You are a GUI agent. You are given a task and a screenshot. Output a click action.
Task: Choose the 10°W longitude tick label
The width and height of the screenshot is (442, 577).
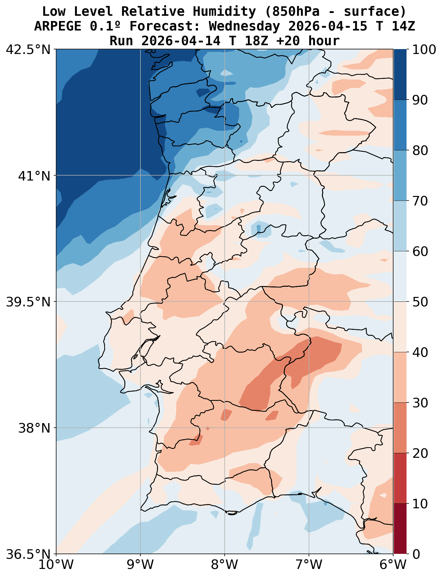(x=56, y=565)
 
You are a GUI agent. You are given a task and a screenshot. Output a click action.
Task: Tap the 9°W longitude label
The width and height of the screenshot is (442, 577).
(x=140, y=565)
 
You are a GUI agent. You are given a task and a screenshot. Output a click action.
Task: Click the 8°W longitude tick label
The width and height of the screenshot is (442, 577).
(x=225, y=565)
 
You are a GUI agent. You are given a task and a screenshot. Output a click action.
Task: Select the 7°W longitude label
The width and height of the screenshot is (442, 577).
(x=309, y=565)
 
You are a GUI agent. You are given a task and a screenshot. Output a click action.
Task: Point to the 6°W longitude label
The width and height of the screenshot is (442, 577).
(x=392, y=565)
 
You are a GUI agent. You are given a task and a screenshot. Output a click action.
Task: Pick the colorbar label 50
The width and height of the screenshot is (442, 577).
(x=420, y=302)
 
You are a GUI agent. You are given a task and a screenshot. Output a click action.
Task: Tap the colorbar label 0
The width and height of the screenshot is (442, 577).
(x=415, y=554)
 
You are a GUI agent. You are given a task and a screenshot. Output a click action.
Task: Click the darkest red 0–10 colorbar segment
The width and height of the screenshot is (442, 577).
(x=400, y=529)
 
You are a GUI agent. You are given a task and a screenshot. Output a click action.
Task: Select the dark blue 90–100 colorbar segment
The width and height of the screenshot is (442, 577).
(x=400, y=74)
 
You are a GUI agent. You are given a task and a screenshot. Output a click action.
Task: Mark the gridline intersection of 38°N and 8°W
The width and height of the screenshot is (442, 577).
(x=225, y=428)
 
